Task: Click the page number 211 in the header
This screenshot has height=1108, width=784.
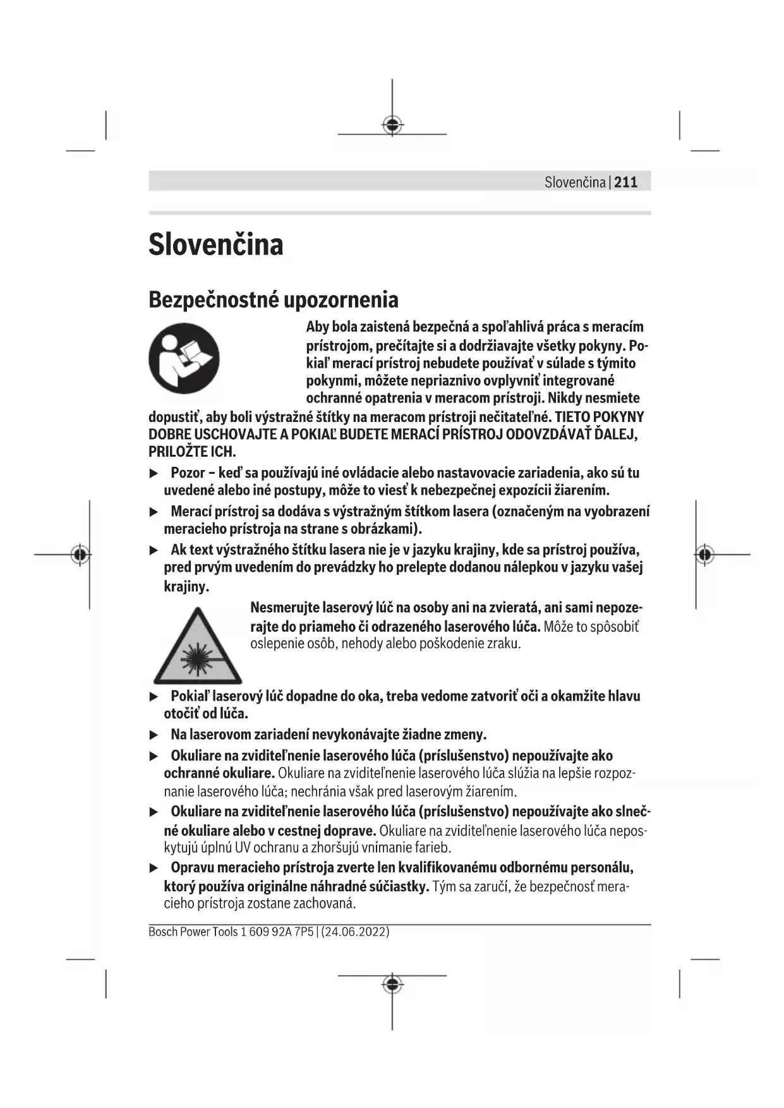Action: pos(625,183)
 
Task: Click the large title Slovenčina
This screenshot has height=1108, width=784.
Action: pos(216,244)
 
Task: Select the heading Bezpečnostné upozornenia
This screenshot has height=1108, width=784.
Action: pos(273,299)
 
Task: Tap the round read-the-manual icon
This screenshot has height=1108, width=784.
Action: pos(184,358)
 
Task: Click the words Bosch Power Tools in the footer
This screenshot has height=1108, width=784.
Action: pos(193,932)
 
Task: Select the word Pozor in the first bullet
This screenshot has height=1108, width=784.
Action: pos(188,473)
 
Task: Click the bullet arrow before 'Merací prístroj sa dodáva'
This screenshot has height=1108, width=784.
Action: pos(154,512)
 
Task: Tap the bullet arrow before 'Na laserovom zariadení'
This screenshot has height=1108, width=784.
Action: pos(154,735)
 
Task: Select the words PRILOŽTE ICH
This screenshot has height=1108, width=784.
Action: pos(192,452)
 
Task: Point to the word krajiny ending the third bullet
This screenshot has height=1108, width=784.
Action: pos(186,586)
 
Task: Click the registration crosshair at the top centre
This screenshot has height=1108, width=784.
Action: pos(392,124)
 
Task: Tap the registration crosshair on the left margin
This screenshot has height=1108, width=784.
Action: pos(80,555)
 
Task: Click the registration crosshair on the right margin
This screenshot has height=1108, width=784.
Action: pos(705,555)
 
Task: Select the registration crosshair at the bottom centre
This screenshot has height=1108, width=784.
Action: pos(392,984)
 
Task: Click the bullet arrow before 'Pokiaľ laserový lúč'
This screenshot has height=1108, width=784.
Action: pos(154,696)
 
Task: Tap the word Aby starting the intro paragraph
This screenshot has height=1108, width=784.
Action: pos(318,327)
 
